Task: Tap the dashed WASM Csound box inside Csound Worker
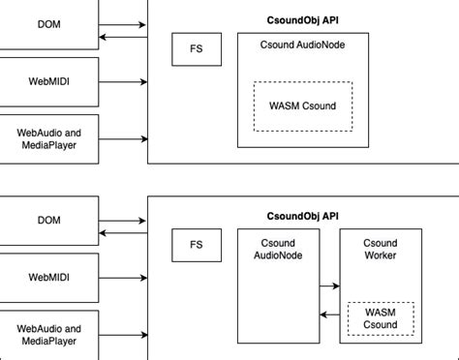(x=381, y=318)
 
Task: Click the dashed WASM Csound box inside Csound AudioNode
(x=303, y=105)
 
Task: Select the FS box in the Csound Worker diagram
(x=197, y=246)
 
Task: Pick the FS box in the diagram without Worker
(x=197, y=48)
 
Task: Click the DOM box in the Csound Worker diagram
(x=48, y=220)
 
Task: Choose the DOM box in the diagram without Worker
(x=48, y=23)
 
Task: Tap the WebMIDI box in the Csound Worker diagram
(x=48, y=277)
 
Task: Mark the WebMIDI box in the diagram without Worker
(x=48, y=81)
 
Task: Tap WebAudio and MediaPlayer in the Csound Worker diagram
(x=48, y=335)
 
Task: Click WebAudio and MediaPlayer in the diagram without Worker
(x=48, y=138)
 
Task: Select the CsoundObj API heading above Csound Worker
(x=302, y=216)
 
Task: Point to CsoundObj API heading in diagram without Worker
(x=302, y=18)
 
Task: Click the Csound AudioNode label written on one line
(x=302, y=45)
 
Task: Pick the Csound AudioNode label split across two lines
(x=278, y=249)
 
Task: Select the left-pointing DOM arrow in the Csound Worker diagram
(x=124, y=233)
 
